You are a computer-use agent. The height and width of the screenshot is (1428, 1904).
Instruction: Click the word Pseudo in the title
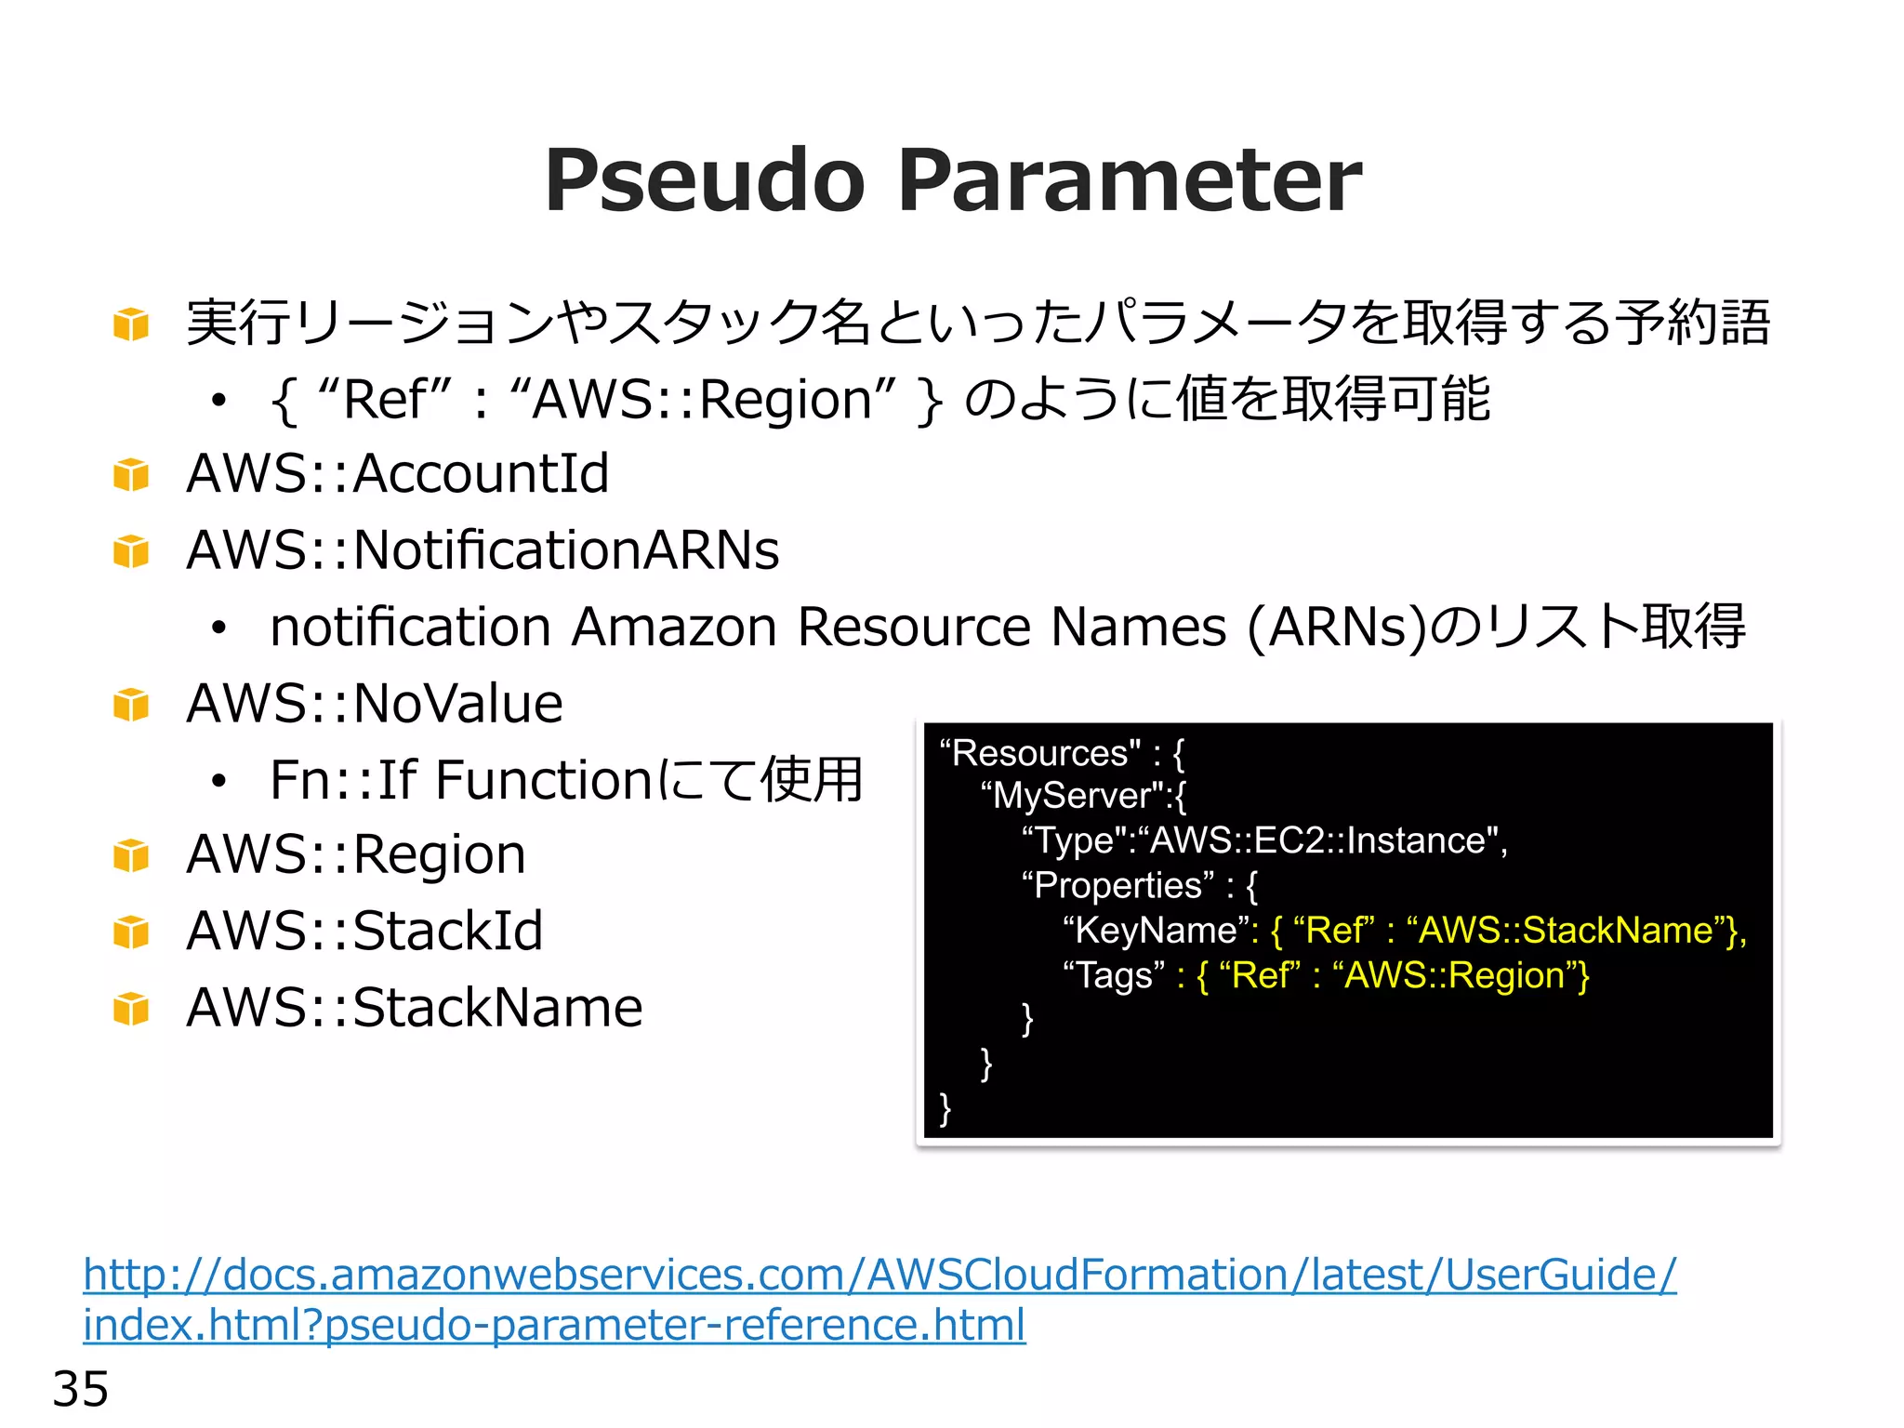[705, 180]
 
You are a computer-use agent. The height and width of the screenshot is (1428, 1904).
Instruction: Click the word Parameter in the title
[1130, 180]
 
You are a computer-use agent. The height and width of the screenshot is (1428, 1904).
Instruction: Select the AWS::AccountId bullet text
[398, 474]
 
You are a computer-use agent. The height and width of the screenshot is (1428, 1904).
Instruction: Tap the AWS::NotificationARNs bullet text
[483, 550]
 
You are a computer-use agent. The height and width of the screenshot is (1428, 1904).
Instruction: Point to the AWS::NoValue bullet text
[375, 704]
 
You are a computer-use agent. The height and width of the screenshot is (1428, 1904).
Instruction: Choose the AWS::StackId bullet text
[364, 932]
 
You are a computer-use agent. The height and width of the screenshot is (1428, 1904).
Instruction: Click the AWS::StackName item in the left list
[415, 1008]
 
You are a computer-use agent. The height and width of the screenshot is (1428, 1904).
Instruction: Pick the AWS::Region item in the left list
[356, 855]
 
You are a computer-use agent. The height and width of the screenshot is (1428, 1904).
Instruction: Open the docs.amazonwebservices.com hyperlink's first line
[879, 1276]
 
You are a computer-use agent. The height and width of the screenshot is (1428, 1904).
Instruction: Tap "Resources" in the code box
[1040, 753]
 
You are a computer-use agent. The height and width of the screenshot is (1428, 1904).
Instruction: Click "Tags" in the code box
[1114, 976]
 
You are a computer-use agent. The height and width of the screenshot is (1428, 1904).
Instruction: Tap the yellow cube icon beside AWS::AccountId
[131, 475]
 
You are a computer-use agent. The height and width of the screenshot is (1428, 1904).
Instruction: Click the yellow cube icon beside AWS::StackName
[131, 1009]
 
